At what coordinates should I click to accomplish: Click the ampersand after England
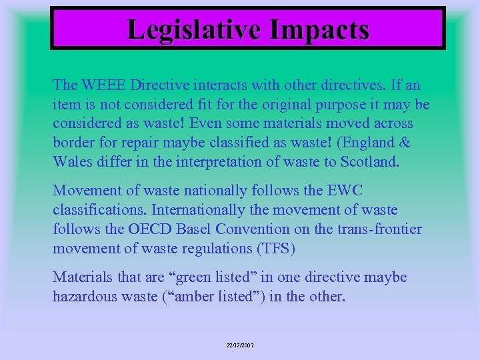(x=405, y=143)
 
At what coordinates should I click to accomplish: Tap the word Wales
(x=71, y=162)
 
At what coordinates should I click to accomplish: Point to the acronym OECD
(x=143, y=229)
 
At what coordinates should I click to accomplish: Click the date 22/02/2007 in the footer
(x=240, y=345)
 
